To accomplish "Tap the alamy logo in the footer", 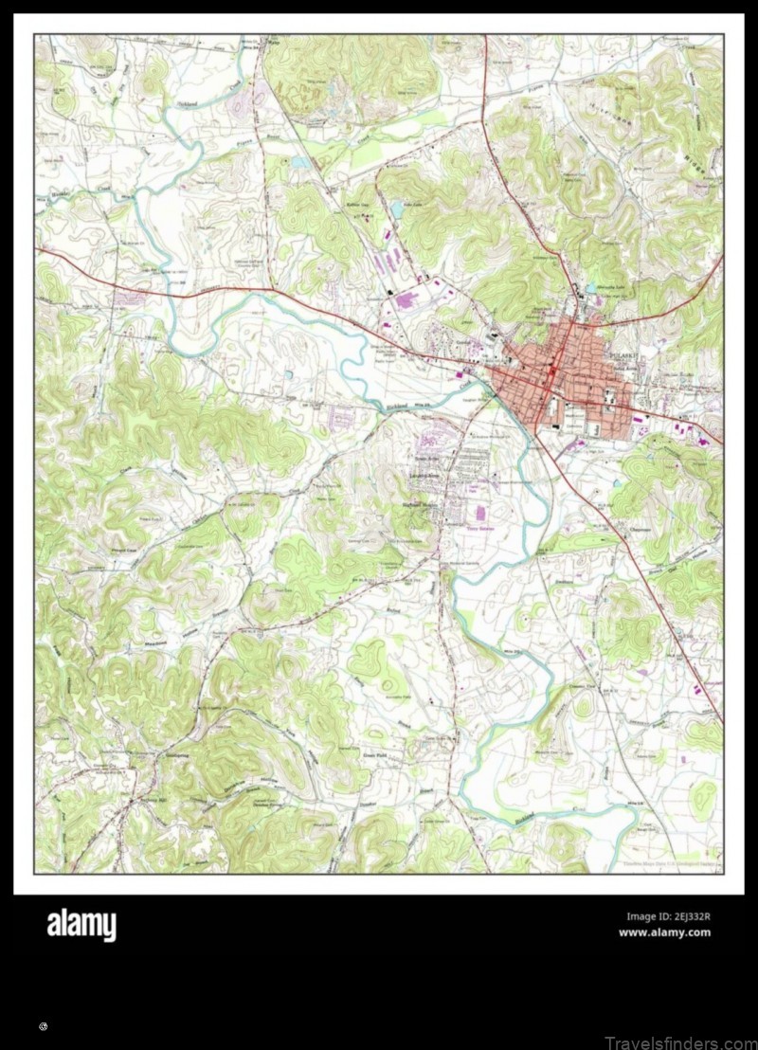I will [81, 925].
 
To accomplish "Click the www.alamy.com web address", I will [664, 932].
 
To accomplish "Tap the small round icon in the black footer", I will [44, 1026].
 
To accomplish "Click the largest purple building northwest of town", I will [406, 300].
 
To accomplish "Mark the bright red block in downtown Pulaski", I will [550, 375].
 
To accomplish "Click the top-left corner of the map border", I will [35, 35].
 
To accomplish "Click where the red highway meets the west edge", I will [37, 248].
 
